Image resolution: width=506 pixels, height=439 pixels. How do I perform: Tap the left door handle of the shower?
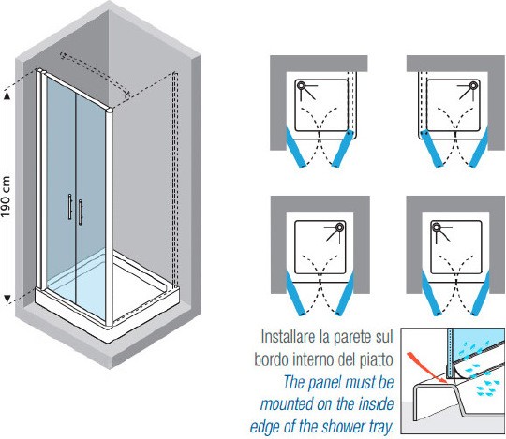(69, 207)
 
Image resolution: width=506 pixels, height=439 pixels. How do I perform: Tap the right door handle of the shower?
(80, 212)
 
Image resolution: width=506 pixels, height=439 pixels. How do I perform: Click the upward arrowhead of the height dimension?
(7, 95)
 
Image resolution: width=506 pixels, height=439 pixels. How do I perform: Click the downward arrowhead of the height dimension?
(7, 300)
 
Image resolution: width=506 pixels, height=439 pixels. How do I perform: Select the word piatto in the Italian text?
(377, 359)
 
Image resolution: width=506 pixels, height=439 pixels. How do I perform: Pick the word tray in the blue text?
(380, 427)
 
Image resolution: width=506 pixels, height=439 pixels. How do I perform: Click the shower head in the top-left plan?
(302, 86)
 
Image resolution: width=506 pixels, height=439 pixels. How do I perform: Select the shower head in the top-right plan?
(473, 86)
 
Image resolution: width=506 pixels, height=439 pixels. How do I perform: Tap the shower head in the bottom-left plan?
(339, 227)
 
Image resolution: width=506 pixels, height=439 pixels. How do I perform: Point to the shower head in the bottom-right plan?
(436, 227)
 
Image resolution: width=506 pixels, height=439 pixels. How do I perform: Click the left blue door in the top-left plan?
(296, 148)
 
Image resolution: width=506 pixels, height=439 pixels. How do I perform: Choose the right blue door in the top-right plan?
(479, 148)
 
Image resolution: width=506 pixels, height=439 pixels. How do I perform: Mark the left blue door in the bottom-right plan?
(431, 293)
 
